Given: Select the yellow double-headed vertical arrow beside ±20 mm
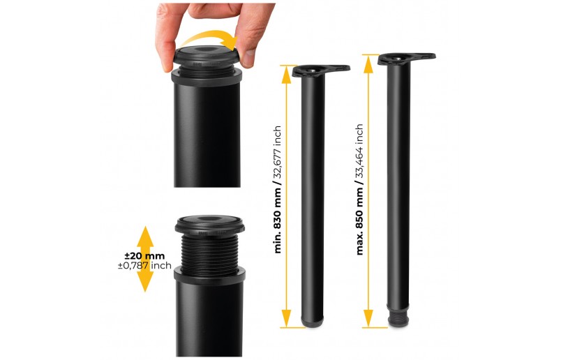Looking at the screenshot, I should (145, 259).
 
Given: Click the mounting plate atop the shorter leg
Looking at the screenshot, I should (322, 70).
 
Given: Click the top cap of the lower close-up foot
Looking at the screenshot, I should (209, 223).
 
